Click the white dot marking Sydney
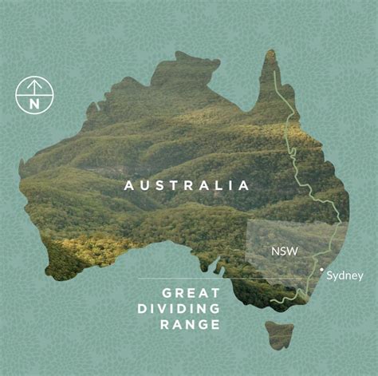click(x=321, y=270)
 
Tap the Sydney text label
click(x=345, y=276)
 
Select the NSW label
click(x=285, y=251)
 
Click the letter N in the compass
click(x=33, y=103)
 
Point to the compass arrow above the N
click(x=33, y=86)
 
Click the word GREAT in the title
click(x=190, y=293)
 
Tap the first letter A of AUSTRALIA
click(x=128, y=185)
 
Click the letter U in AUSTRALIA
click(x=144, y=185)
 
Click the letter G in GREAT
click(x=166, y=293)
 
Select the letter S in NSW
click(x=284, y=251)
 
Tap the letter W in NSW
click(x=293, y=251)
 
